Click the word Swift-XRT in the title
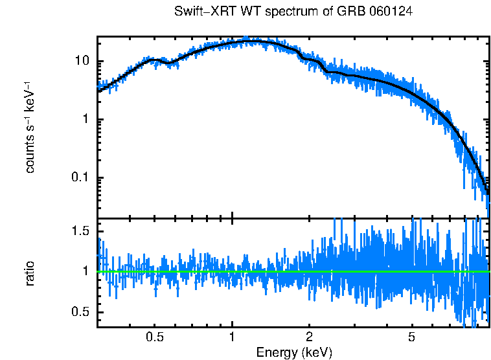tap(201, 12)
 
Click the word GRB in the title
tap(354, 12)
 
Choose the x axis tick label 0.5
tap(154, 337)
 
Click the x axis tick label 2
tap(309, 337)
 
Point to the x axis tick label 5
tap(411, 337)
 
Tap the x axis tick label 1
tap(232, 337)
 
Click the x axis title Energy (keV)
tap(293, 353)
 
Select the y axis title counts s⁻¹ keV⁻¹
tap(30, 127)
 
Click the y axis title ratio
tap(30, 272)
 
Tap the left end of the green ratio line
tap(98, 271)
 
